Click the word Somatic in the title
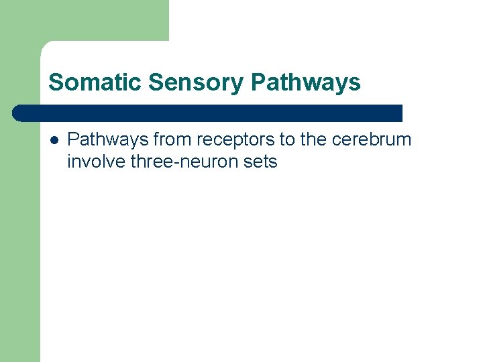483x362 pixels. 95,82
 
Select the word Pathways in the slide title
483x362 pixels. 305,82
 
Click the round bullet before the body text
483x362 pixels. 54,140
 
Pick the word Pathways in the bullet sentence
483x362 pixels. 108,139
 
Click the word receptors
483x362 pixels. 230,140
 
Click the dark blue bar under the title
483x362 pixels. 208,113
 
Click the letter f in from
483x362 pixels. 156,139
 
